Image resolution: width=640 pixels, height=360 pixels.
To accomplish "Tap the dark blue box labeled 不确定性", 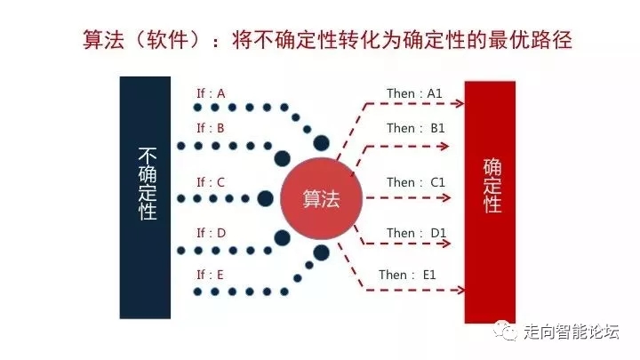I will [x=145, y=197].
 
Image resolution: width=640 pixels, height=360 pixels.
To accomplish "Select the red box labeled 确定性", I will [x=490, y=201].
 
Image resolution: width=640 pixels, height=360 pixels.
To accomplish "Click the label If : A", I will [x=211, y=93].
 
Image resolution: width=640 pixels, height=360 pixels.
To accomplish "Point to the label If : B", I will [x=211, y=128].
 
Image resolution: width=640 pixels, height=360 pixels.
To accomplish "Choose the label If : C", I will [x=211, y=183].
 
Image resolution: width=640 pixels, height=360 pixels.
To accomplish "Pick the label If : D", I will [x=211, y=234].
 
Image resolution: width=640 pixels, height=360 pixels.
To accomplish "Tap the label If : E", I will [x=211, y=275].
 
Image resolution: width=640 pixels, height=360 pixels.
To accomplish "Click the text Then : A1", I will [x=414, y=93].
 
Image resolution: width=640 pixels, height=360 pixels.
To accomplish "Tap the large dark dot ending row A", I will [x=321, y=143].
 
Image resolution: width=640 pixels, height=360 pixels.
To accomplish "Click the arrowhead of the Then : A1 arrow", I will [x=460, y=104].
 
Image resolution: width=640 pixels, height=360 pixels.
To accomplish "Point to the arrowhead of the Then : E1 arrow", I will [x=460, y=289].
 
